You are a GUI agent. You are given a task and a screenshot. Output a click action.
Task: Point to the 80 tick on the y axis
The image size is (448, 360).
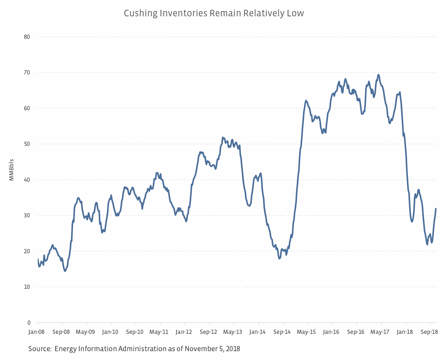(x=27, y=37)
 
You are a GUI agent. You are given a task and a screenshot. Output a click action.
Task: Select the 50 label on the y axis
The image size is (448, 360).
(x=27, y=144)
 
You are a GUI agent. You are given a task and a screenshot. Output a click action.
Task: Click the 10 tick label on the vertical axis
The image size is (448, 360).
(x=27, y=287)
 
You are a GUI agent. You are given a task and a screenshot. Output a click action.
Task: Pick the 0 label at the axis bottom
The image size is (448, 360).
(x=29, y=323)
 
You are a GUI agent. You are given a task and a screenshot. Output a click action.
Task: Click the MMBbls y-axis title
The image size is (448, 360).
(x=11, y=170)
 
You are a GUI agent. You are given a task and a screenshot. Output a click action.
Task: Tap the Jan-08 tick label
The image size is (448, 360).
(x=36, y=332)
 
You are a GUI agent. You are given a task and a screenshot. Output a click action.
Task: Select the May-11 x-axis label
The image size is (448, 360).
(x=159, y=332)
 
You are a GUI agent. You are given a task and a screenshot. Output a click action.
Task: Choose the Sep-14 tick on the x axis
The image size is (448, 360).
(x=282, y=332)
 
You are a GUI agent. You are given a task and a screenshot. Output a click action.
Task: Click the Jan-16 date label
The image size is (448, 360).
(x=331, y=332)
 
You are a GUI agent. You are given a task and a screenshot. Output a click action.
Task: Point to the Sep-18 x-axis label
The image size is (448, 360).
(x=429, y=332)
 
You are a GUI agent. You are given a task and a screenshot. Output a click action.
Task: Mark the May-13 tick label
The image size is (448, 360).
(x=233, y=332)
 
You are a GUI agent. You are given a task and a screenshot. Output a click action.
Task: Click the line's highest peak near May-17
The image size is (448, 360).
(x=378, y=75)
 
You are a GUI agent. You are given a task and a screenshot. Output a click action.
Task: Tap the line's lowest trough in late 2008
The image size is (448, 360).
(x=65, y=271)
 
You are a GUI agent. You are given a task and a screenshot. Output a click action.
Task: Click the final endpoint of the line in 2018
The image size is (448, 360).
(x=436, y=209)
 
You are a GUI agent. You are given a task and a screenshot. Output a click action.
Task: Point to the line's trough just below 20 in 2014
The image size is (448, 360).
(x=279, y=258)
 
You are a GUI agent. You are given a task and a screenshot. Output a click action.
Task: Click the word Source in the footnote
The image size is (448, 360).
(x=39, y=349)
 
